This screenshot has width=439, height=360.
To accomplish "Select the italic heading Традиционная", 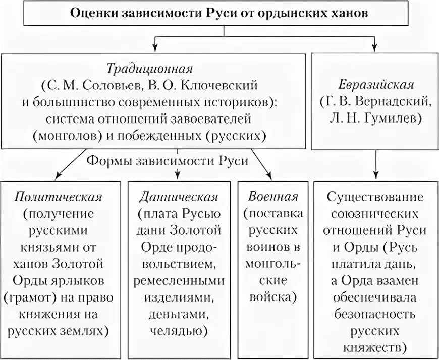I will click(x=150, y=67).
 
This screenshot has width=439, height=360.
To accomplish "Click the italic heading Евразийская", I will click(x=376, y=84).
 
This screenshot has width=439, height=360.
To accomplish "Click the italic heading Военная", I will click(x=273, y=197).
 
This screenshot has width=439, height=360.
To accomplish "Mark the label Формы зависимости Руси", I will click(x=168, y=161).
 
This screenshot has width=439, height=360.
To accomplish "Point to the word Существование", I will click(x=376, y=197).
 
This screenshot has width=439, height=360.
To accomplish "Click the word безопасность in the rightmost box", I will click(x=376, y=315).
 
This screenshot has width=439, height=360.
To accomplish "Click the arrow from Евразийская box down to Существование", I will click(x=375, y=164).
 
